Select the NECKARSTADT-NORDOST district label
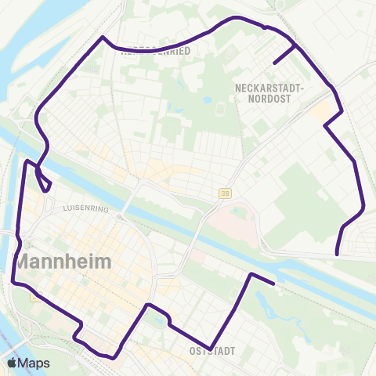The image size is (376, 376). [269, 94]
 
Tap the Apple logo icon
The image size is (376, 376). [13, 363]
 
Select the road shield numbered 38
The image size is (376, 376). [226, 192]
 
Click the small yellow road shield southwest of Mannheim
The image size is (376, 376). [35, 297]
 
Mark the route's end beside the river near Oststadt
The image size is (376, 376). [273, 284]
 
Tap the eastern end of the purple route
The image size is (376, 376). [336, 254]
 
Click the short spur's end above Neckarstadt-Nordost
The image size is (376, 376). [273, 63]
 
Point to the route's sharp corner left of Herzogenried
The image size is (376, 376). [103, 37]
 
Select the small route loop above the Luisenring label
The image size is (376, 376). [45, 182]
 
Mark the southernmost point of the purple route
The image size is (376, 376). [114, 358]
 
